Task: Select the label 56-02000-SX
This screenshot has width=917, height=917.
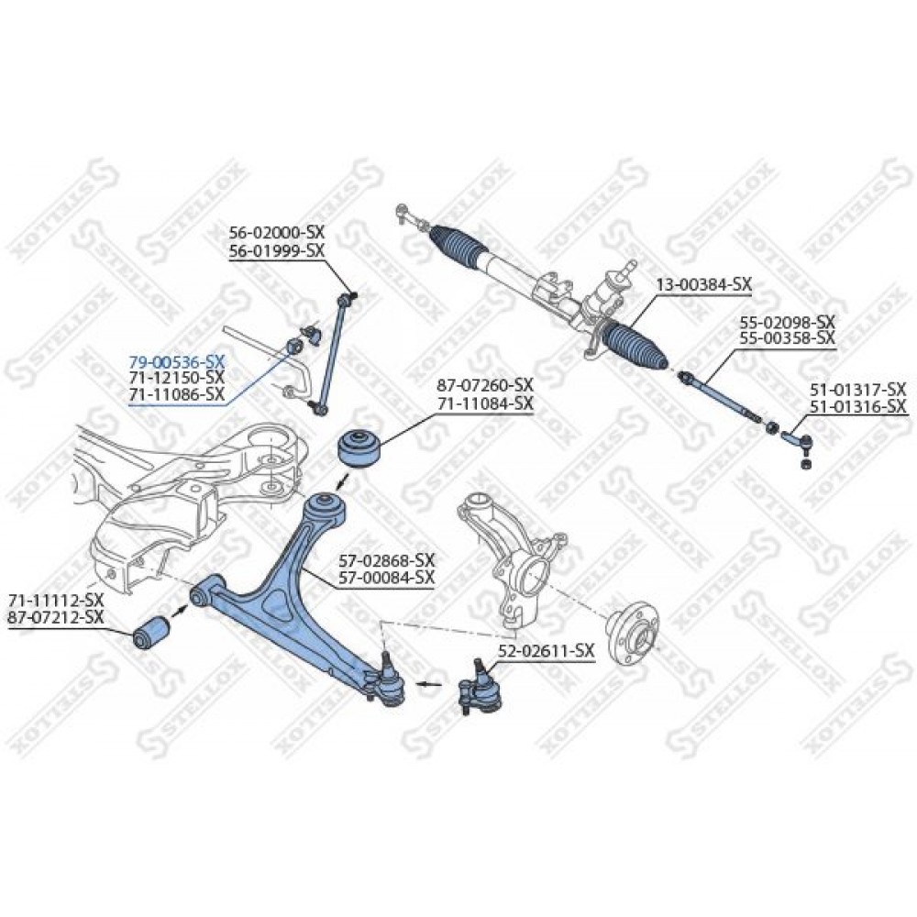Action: pos(277,232)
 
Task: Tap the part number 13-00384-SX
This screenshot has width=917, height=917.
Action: pos(703,285)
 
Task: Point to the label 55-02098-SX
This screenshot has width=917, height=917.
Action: pos(787,322)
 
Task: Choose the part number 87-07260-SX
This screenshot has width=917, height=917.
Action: pos(485,385)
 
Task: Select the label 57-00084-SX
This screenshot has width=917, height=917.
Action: pos(387,577)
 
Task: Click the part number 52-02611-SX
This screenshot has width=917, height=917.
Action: pos(547,650)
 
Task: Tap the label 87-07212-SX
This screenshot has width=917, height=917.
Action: pos(56,616)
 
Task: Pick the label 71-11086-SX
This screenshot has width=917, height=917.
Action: pos(176,393)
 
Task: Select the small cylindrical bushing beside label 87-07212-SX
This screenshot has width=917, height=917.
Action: pos(151,632)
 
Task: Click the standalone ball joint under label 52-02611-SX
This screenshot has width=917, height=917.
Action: pos(480,687)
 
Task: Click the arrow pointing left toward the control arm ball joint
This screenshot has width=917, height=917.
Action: pos(429,682)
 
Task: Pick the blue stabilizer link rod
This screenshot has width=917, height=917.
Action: pos(331,356)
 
